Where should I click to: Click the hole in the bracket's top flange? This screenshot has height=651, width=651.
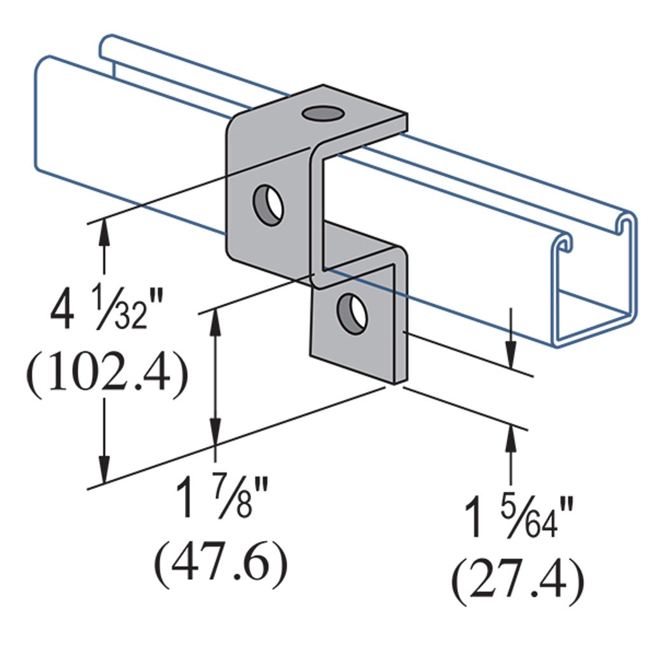click(x=323, y=113)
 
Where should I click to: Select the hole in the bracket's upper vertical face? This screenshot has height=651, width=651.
click(x=268, y=205)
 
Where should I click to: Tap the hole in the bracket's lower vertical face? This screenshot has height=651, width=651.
click(x=352, y=313)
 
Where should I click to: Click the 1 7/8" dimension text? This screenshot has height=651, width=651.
click(x=221, y=497)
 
